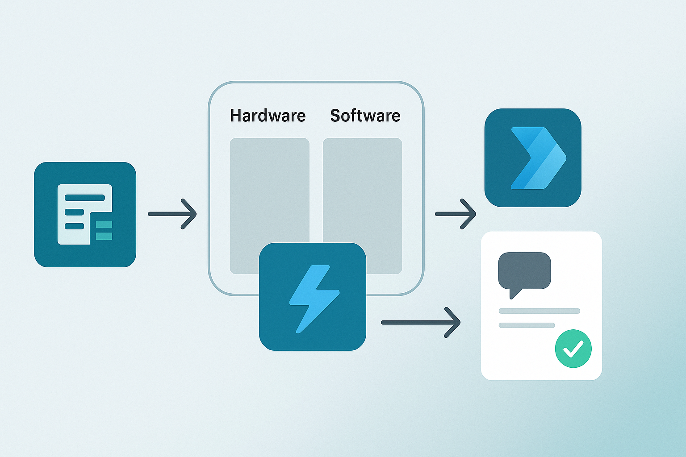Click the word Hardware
(268, 116)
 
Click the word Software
(365, 116)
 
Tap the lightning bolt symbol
(314, 298)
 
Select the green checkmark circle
(573, 349)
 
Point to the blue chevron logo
(538, 158)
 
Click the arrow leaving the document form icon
(172, 214)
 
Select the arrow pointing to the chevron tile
(456, 214)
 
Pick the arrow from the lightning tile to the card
(420, 322)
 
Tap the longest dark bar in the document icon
(85, 198)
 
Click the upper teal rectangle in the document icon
(104, 224)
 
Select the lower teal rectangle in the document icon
(104, 236)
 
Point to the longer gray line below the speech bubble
(539, 311)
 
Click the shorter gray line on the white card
(527, 325)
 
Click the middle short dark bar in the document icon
(75, 212)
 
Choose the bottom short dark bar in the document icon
(75, 226)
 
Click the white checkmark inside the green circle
(573, 349)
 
